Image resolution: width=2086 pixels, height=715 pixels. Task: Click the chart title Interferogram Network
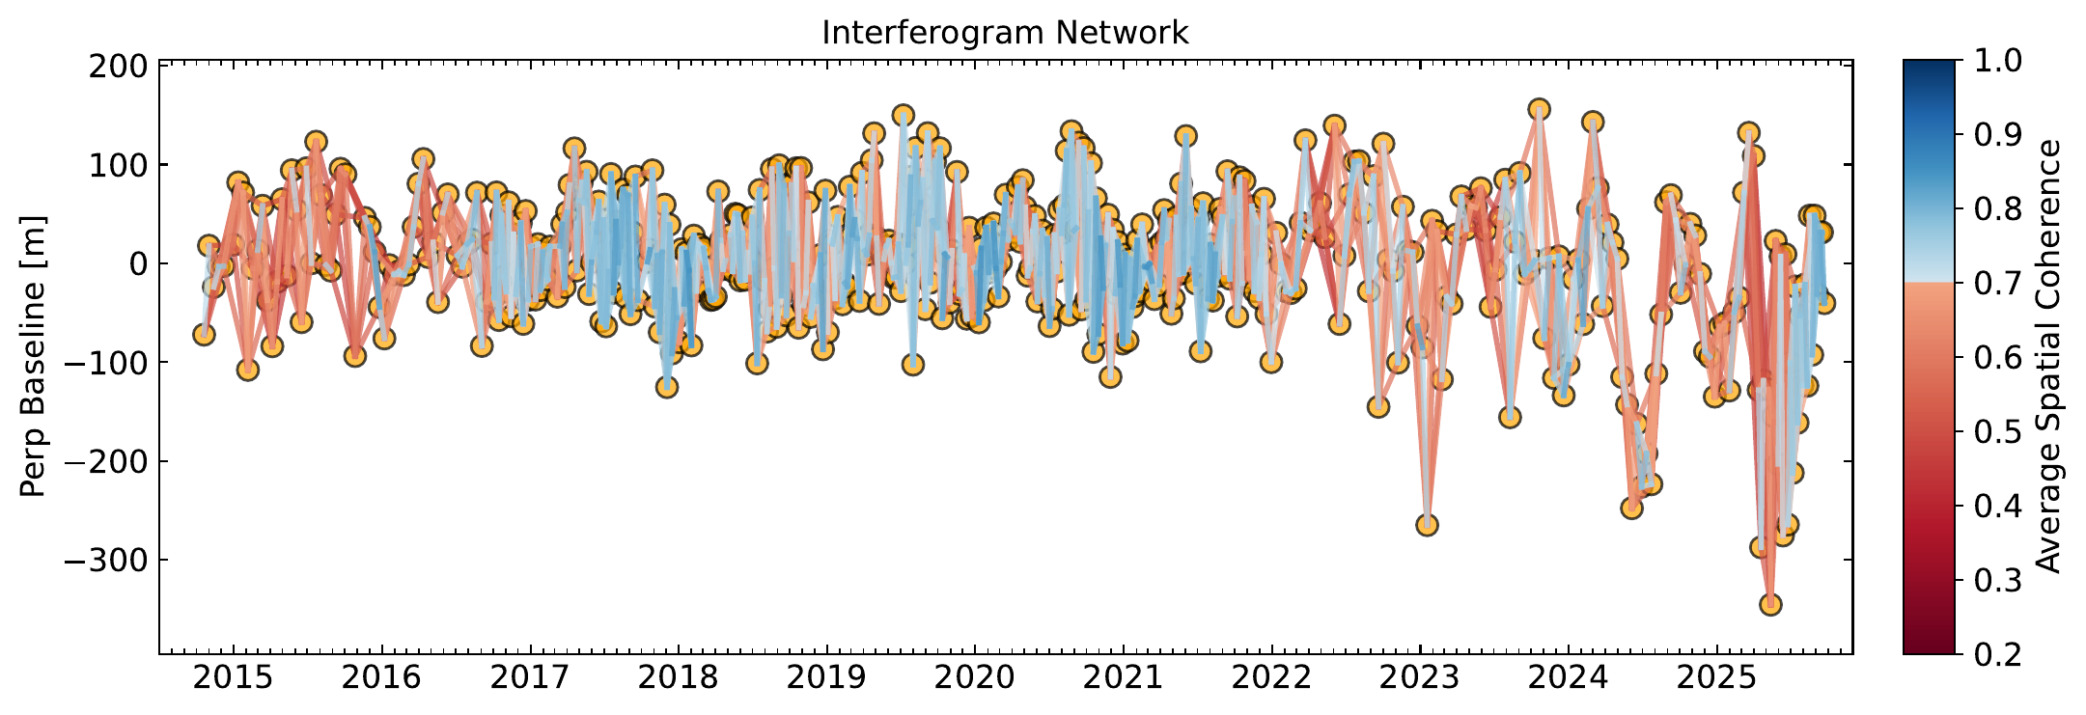(1005, 33)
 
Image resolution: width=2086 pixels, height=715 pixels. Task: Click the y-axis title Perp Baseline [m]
(33, 357)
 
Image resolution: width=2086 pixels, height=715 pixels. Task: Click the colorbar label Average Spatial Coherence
(2048, 357)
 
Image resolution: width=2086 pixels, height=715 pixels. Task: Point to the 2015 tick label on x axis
(232, 679)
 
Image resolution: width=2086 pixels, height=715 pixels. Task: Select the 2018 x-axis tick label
(678, 679)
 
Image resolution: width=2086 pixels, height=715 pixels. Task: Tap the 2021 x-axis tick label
(1124, 679)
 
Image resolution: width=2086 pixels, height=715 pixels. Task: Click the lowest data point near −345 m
(1770, 605)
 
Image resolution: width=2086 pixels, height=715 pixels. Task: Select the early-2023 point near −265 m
(1427, 525)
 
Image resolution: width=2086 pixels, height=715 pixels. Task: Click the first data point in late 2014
(204, 335)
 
